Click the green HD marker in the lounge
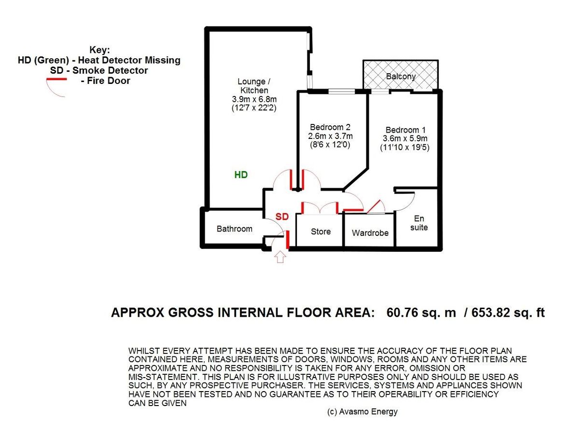point(241,175)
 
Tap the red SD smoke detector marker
point(282,217)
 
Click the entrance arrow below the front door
point(280,257)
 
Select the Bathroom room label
point(234,229)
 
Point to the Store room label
point(321,231)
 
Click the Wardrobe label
point(370,233)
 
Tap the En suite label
point(419,223)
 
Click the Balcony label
point(401,76)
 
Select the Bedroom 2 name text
point(330,127)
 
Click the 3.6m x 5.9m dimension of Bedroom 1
point(405,138)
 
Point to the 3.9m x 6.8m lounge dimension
point(254,99)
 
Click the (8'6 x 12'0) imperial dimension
point(330,145)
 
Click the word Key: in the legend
point(99,50)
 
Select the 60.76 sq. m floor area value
point(421,312)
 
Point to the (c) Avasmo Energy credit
point(363,412)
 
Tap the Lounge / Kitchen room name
point(254,86)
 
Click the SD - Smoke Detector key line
point(99,70)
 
